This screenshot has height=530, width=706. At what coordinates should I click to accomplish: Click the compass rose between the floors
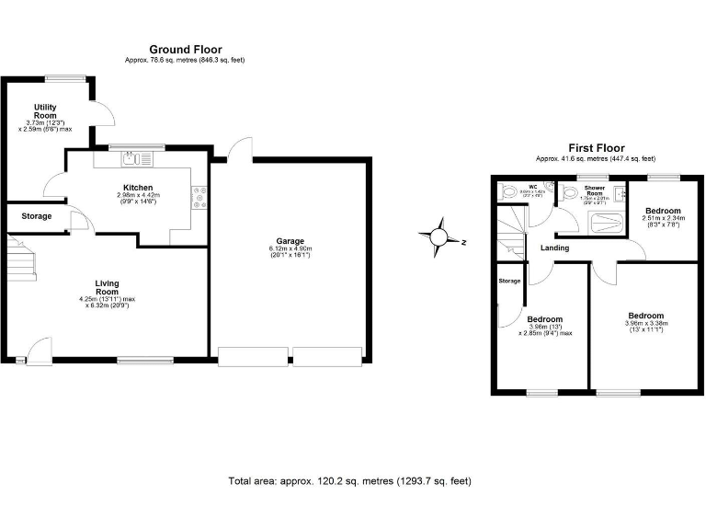coord(439,236)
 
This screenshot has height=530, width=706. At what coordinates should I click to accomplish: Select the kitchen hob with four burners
coord(198,197)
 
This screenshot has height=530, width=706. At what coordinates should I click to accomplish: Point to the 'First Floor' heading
coord(596,148)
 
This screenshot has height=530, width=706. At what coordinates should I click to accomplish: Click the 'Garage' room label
coord(290,241)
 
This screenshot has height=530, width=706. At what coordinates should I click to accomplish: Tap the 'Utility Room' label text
coord(46,111)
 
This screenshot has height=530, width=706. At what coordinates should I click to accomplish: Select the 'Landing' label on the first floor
coord(554,248)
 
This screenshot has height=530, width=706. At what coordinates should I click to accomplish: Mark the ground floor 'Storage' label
coord(37,217)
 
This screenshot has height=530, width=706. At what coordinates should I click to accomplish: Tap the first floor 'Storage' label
coord(509,281)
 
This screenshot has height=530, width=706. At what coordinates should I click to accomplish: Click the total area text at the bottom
coord(349,481)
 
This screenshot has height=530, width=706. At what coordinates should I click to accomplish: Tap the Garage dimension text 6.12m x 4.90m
coord(290,250)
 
